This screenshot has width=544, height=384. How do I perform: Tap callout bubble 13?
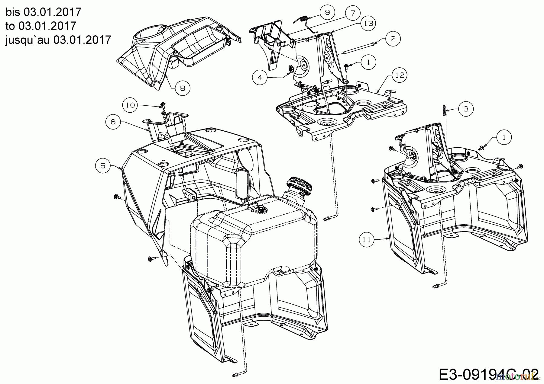(368, 23)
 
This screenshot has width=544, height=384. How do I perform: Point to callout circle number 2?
(393, 39)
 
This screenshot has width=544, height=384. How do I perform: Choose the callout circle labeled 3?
(466, 109)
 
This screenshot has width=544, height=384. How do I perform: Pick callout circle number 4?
(260, 77)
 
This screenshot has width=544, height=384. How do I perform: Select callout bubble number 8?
(183, 88)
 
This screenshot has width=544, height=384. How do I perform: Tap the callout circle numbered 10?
(130, 105)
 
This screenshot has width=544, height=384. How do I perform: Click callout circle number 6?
(113, 122)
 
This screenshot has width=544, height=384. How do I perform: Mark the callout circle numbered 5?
(103, 166)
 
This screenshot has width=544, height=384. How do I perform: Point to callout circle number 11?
(367, 240)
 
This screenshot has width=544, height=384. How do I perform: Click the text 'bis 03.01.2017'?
(44, 12)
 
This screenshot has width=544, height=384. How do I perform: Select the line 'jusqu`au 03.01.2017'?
(58, 40)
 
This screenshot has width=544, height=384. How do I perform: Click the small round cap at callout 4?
(291, 69)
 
